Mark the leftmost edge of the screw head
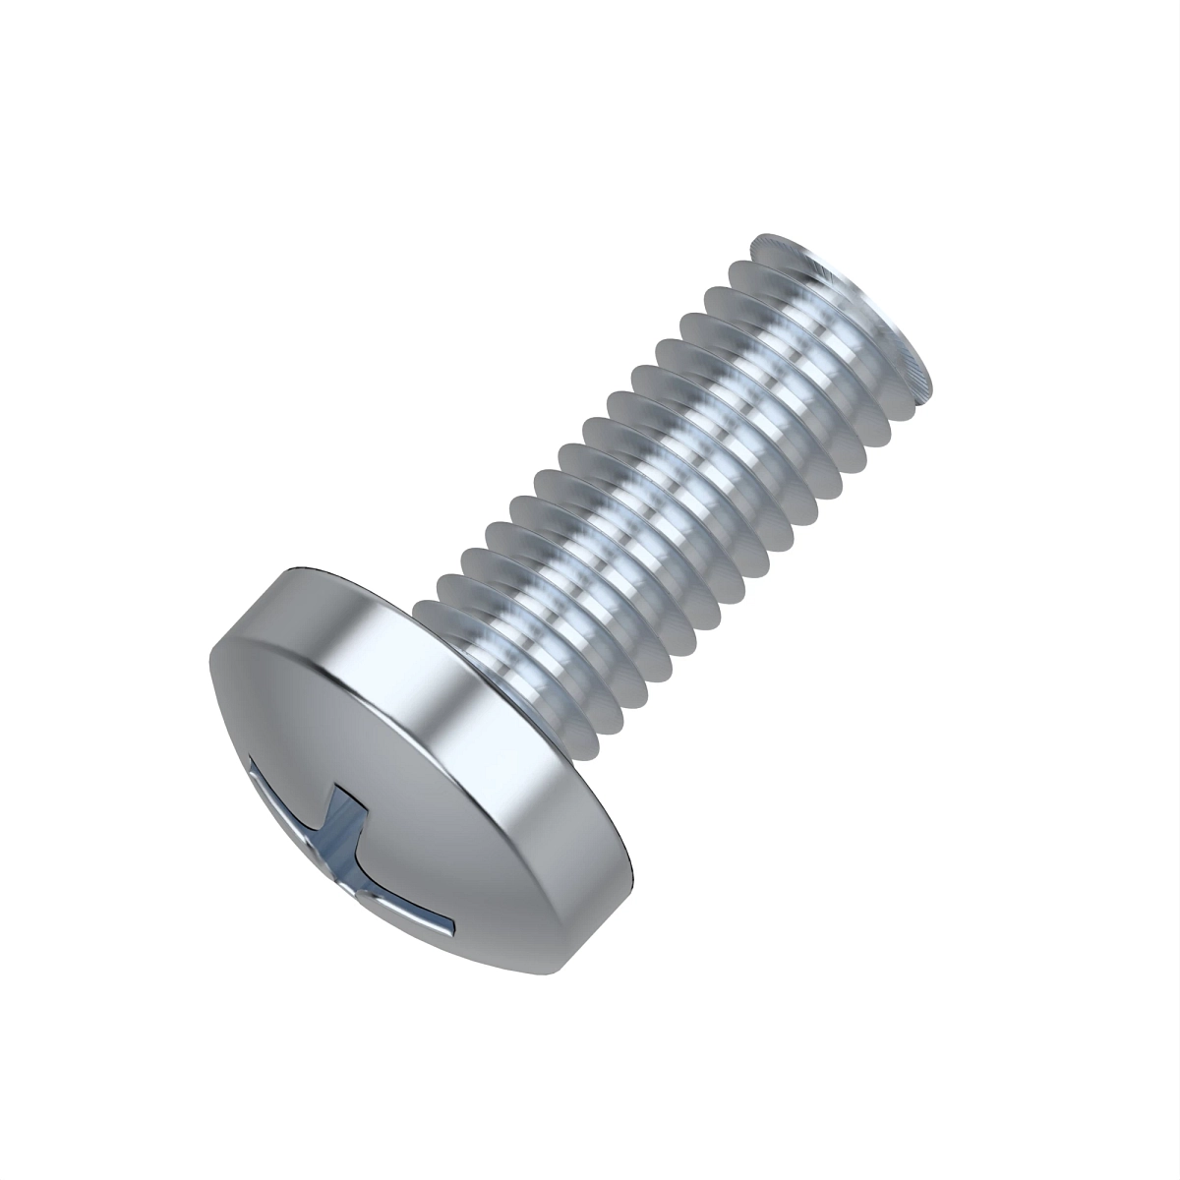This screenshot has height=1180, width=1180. click(209, 669)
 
